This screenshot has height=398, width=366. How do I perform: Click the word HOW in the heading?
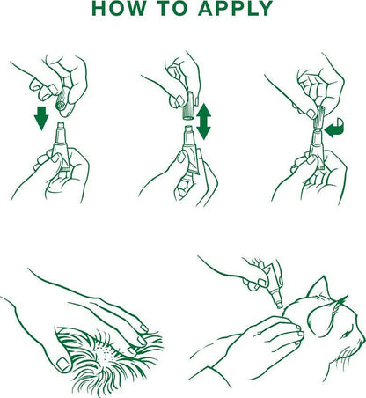(119, 9)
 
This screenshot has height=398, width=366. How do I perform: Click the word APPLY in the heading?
(236, 9)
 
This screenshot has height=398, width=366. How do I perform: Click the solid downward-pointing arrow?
(41, 118)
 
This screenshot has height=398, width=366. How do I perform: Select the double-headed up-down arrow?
(203, 122)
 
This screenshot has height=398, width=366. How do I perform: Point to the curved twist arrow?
(335, 128)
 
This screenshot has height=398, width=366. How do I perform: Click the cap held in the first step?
(62, 99)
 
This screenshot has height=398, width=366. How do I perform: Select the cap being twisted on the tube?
(318, 118)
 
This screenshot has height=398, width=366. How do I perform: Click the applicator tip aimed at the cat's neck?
(279, 304)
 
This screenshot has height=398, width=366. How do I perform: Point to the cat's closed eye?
(346, 335)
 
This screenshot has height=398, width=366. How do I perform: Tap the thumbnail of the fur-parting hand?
(62, 364)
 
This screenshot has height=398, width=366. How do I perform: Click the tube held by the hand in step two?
(189, 150)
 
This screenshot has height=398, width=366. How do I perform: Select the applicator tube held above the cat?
(272, 286)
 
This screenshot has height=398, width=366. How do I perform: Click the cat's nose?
(362, 343)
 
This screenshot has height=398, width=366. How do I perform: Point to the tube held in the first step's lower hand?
(62, 147)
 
